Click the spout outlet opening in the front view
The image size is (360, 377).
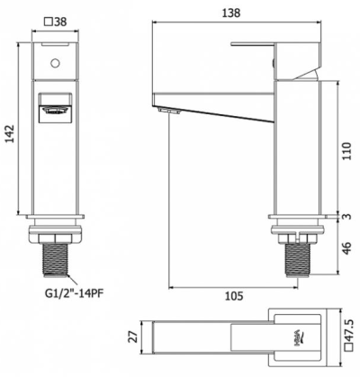56,112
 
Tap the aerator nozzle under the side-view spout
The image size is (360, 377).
164,110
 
